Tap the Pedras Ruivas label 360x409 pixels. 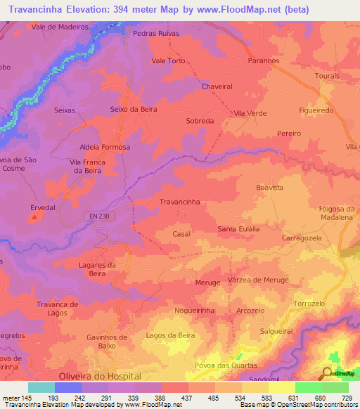pyautogui.click(x=155, y=33)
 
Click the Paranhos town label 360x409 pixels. pyautogui.click(x=264, y=61)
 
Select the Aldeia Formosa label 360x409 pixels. pyautogui.click(x=105, y=148)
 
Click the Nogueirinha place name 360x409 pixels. pyautogui.click(x=195, y=310)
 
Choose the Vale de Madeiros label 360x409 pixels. pyautogui.click(x=58, y=27)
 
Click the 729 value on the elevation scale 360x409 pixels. pyautogui.click(x=347, y=398)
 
